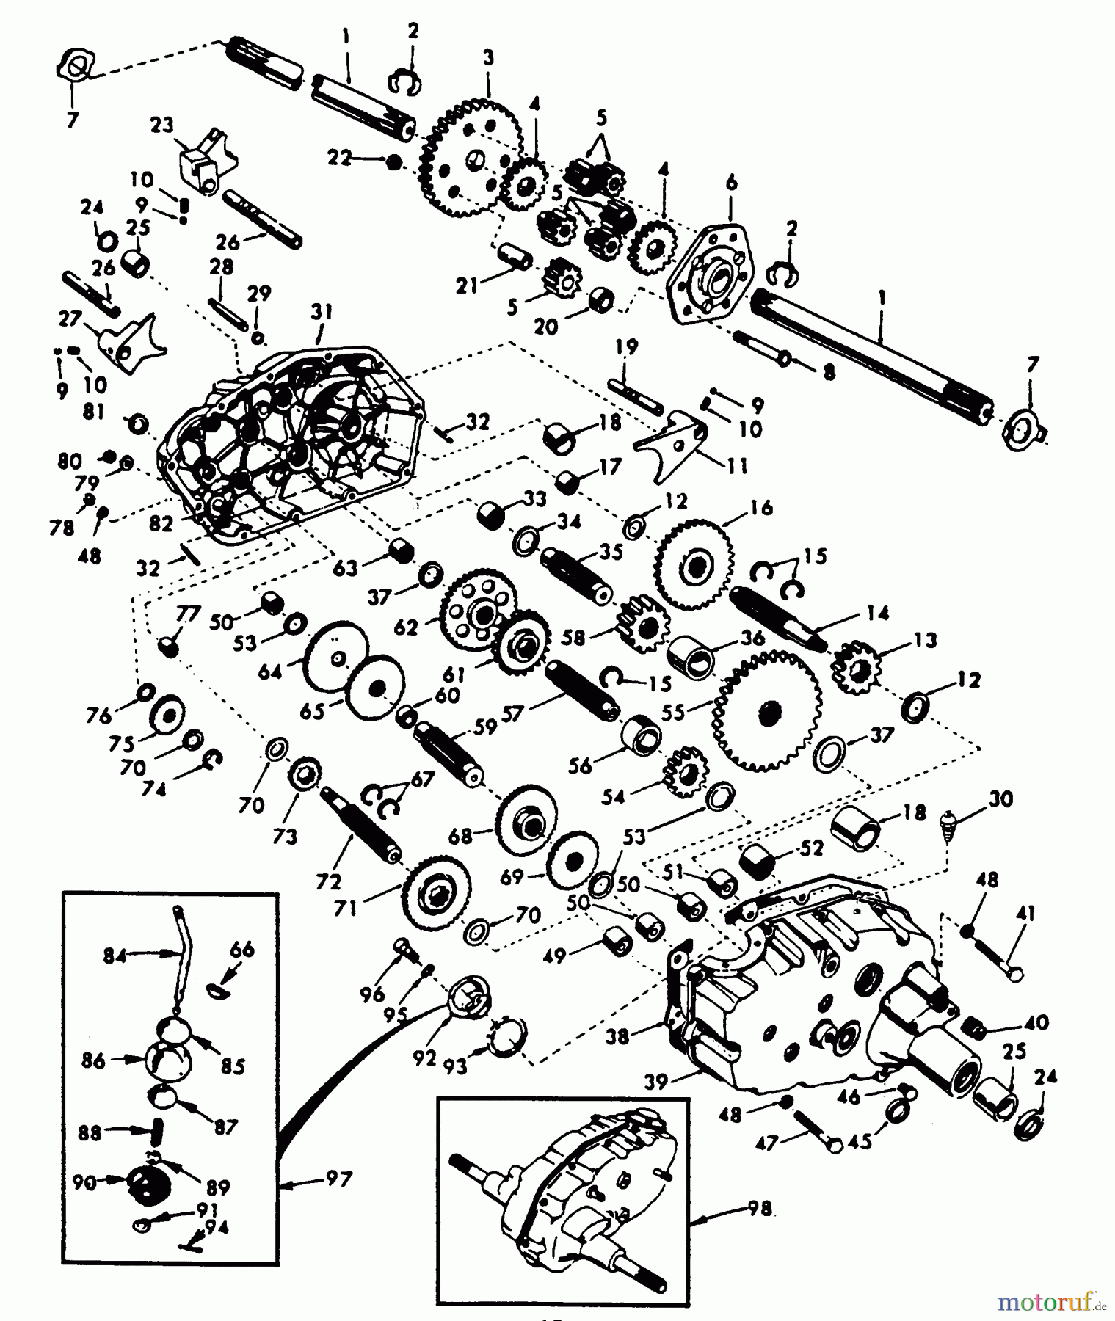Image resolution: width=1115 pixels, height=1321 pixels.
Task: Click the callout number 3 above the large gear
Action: coord(488,57)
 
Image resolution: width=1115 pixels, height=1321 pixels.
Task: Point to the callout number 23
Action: coord(161,125)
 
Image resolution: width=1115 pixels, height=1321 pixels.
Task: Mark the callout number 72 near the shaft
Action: coord(328,881)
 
